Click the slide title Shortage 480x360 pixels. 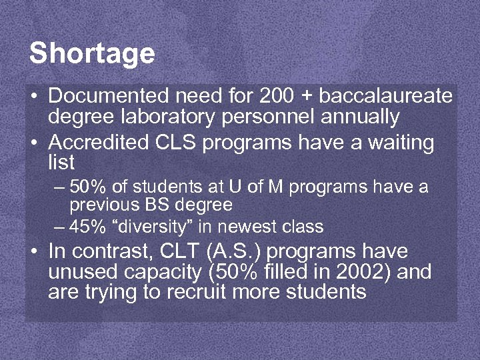92,53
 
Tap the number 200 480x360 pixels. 275,97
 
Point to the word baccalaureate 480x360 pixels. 386,97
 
